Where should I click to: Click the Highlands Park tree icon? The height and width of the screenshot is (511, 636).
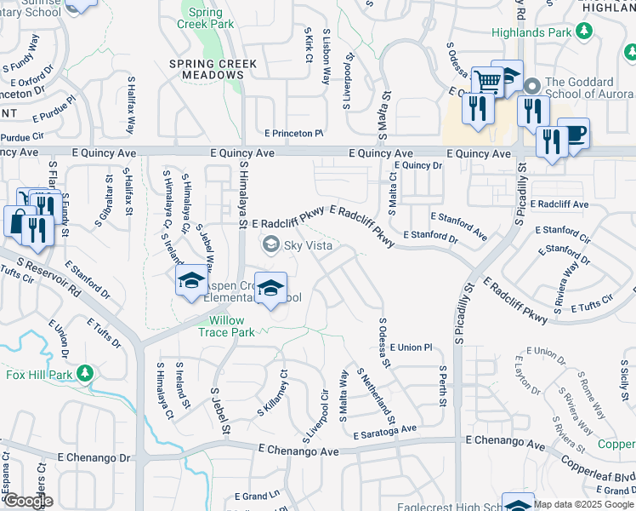(x=583, y=32)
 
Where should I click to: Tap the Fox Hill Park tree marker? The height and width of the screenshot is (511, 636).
(x=85, y=373)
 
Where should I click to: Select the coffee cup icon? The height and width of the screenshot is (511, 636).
(x=574, y=133)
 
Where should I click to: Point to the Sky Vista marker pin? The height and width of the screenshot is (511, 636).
(x=271, y=245)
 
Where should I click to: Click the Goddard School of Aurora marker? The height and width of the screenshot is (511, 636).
(x=532, y=86)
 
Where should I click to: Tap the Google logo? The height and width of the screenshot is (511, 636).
(x=27, y=501)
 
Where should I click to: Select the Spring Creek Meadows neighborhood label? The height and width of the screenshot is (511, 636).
(x=207, y=69)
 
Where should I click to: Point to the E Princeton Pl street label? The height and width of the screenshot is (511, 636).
(x=294, y=134)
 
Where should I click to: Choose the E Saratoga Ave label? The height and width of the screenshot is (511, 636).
(x=386, y=432)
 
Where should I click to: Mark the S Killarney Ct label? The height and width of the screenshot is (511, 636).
(x=274, y=394)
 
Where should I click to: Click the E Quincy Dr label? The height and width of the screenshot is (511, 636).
(x=419, y=165)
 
